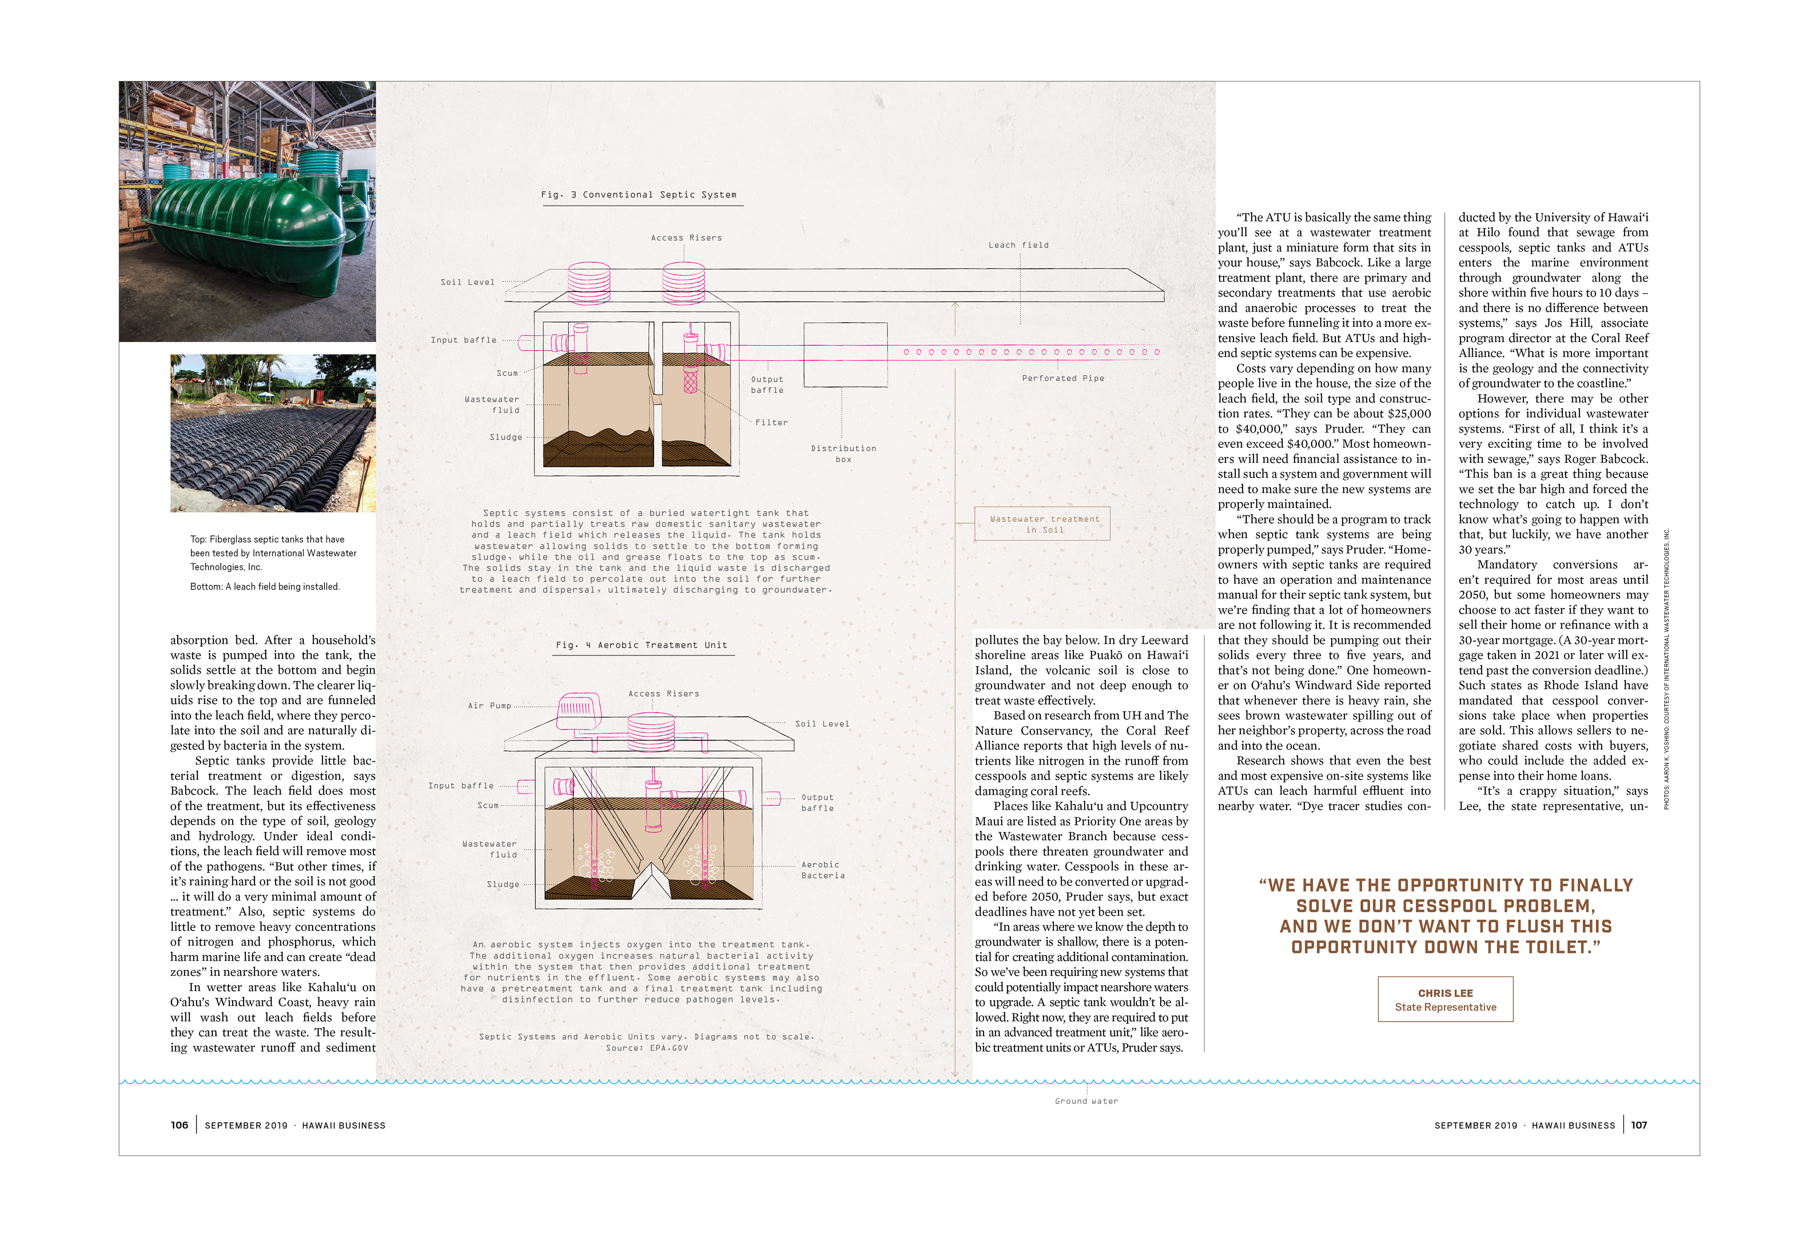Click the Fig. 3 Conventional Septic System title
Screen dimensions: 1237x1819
click(x=638, y=195)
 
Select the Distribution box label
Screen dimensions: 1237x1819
click(x=843, y=454)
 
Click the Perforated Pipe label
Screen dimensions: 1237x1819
click(x=1062, y=378)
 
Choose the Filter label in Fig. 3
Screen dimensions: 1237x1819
click(x=771, y=423)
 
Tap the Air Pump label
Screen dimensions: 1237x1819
click(x=489, y=705)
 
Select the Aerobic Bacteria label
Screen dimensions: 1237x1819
click(x=822, y=870)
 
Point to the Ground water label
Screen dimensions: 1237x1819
click(x=1086, y=1101)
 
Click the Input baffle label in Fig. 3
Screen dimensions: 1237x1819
click(x=463, y=340)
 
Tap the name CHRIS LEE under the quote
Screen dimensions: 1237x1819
click(x=1445, y=993)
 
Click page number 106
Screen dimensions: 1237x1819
click(x=179, y=1125)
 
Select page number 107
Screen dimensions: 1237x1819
click(x=1638, y=1125)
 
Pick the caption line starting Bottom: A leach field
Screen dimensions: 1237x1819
click(x=264, y=587)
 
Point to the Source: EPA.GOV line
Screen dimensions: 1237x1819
click(x=647, y=1047)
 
